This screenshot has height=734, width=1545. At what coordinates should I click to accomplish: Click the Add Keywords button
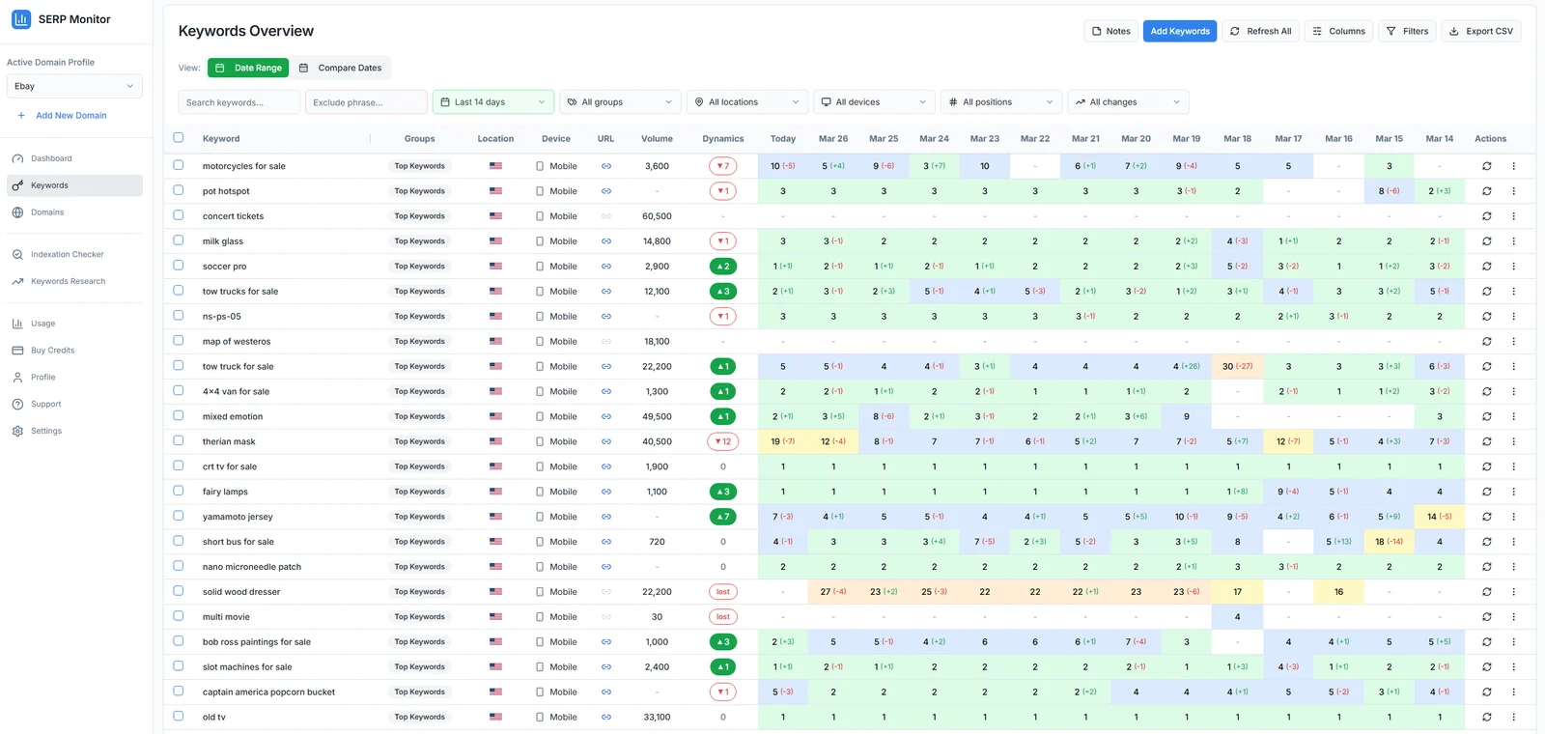pyautogui.click(x=1179, y=31)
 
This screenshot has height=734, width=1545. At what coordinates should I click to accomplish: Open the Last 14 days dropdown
pyautogui.click(x=492, y=102)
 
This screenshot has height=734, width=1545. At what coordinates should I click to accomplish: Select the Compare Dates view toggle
pyautogui.click(x=341, y=68)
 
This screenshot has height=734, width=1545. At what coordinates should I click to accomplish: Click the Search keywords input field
pyautogui.click(x=239, y=102)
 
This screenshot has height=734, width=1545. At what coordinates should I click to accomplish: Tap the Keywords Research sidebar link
pyautogui.click(x=68, y=282)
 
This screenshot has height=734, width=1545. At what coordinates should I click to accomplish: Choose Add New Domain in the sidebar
pyautogui.click(x=70, y=116)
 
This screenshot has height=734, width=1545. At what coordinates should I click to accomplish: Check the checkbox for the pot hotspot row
pyautogui.click(x=179, y=190)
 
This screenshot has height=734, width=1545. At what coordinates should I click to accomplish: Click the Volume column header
pyautogui.click(x=657, y=139)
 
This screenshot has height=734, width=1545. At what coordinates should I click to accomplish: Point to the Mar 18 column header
pyautogui.click(x=1237, y=139)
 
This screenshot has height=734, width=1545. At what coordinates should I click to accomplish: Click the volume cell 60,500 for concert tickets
pyautogui.click(x=657, y=216)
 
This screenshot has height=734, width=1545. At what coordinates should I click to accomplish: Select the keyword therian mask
pyautogui.click(x=229, y=441)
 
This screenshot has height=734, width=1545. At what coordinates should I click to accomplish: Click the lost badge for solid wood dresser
pyautogui.click(x=722, y=592)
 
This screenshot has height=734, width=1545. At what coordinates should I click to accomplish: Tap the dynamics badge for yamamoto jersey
pyautogui.click(x=722, y=517)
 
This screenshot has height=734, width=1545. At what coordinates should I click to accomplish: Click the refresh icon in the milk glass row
pyautogui.click(x=1486, y=241)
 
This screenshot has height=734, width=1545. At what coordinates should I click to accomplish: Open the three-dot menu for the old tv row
pyautogui.click(x=1513, y=717)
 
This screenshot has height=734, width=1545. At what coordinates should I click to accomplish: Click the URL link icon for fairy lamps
pyautogui.click(x=606, y=492)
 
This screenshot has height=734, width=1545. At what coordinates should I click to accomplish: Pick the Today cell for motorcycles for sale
pyautogui.click(x=782, y=166)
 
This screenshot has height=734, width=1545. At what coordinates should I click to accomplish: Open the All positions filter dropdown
pyautogui.click(x=1000, y=102)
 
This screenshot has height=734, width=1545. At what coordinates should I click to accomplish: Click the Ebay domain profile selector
pyautogui.click(x=74, y=87)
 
